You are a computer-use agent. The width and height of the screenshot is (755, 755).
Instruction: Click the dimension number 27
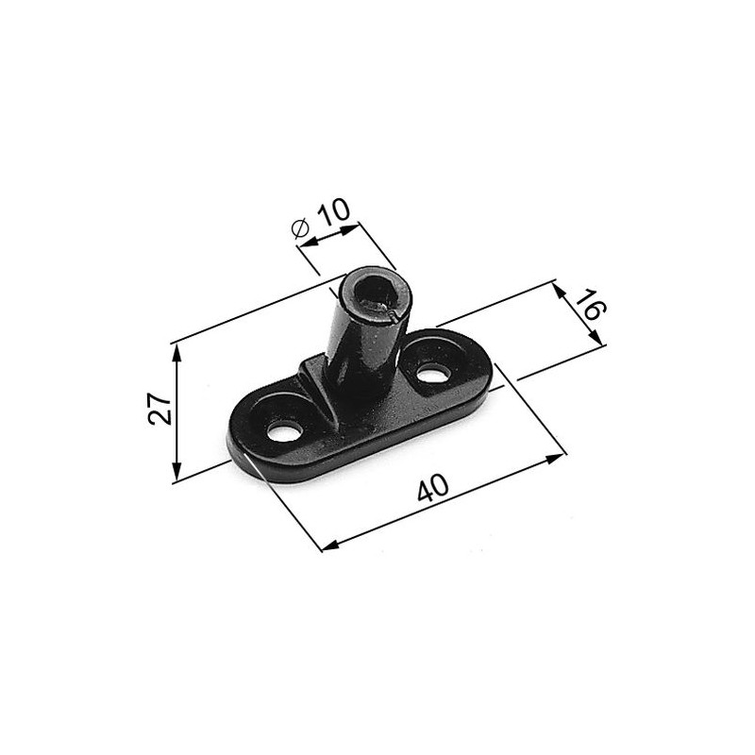(x=159, y=409)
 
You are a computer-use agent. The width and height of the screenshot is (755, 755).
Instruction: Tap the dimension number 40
(x=433, y=488)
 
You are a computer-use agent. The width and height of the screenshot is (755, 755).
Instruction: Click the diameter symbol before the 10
(x=300, y=227)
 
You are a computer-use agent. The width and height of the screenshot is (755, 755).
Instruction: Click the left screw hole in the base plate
(x=285, y=432)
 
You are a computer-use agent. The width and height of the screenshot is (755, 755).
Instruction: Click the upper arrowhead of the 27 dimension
(x=176, y=354)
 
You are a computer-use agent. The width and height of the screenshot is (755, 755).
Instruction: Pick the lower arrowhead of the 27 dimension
(x=176, y=470)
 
